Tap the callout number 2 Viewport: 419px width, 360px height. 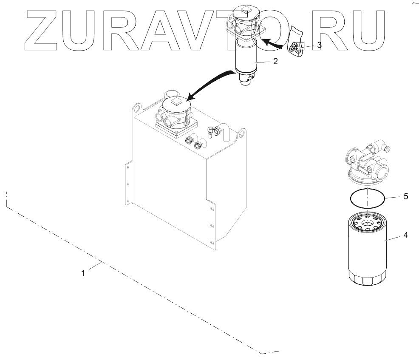(275, 61)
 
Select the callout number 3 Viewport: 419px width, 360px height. (319, 44)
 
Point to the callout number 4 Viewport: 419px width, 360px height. (405, 235)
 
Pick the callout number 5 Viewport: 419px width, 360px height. (405, 196)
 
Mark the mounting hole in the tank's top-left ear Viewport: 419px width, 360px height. (136, 108)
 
